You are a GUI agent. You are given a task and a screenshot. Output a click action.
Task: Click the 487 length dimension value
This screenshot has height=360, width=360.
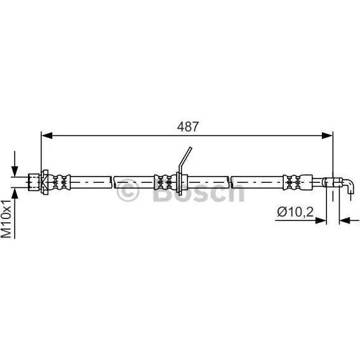(x=187, y=126)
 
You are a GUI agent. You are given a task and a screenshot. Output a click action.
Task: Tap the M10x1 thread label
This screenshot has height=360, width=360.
(x=6, y=218)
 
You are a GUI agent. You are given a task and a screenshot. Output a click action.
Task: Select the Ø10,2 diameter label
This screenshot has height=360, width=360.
(x=295, y=211)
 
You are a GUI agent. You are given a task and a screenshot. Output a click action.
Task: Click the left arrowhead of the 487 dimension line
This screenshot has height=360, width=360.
(x=47, y=136)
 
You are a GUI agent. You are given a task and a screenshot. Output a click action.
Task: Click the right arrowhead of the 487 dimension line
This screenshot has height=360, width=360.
(x=327, y=136)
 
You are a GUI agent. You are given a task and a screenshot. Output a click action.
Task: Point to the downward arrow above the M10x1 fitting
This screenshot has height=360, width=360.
(x=15, y=164)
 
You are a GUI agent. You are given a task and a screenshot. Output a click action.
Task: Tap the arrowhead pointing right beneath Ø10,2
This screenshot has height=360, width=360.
(x=321, y=221)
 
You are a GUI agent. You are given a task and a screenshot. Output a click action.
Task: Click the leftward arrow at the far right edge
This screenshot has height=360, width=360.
(x=350, y=221)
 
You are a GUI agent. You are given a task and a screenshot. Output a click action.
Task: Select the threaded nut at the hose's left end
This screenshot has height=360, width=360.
(x=34, y=182)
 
